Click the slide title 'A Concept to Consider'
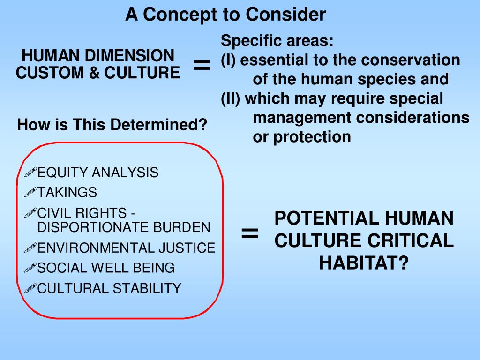point(225,15)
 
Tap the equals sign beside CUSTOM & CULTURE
point(202,66)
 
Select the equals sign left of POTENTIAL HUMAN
point(250,233)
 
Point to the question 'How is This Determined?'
point(112,125)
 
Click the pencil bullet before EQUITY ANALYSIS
point(30,173)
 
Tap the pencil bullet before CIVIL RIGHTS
point(30,213)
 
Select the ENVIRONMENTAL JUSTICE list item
point(126,247)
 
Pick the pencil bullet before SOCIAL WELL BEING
point(30,268)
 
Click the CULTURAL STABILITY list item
point(109,288)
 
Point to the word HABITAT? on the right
point(364,263)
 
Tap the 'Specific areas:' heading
point(277,41)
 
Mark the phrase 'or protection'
point(301,137)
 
